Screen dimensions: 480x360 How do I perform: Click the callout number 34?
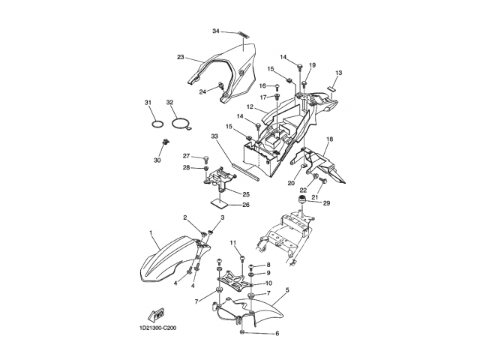pos(216,31)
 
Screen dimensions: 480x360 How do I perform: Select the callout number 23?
pos(181,57)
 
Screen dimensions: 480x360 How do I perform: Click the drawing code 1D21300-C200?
pos(158,328)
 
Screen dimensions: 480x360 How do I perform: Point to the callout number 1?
pos(151,233)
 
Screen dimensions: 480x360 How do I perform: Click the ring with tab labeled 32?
pos(181,124)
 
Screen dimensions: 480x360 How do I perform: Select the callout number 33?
pos(214,136)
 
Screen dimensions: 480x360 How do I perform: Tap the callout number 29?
pos(327,203)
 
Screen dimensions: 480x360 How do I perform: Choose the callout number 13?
pos(338,73)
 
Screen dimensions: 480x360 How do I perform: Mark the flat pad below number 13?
pos(331,88)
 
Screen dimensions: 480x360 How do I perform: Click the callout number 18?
pos(330,139)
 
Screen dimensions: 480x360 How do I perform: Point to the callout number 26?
pos(246,205)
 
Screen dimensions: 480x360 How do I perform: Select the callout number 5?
pos(287,289)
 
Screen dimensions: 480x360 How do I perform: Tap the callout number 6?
pos(277,333)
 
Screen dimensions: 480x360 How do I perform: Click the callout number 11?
pos(233,243)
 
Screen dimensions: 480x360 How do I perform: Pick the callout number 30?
pos(157,160)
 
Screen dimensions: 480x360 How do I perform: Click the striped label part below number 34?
pos(244,34)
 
